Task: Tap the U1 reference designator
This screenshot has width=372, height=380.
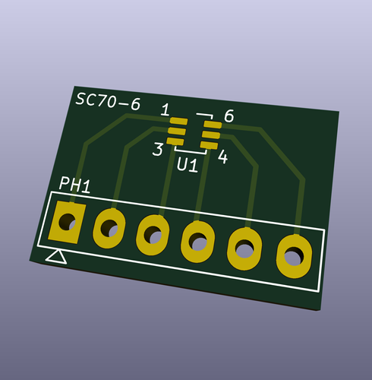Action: pos(188,164)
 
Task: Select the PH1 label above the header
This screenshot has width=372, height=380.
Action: pos(75,185)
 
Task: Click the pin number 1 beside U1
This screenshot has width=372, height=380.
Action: pos(166,110)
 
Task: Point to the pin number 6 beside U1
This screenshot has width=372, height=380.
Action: pos(229,116)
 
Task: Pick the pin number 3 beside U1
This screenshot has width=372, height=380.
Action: pos(157,149)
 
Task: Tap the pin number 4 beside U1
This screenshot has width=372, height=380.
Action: pos(223,157)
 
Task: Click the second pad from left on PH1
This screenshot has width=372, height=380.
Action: pos(109,228)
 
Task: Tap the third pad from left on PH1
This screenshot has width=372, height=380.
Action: pos(153,235)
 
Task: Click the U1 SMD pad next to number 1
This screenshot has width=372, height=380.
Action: pos(178,122)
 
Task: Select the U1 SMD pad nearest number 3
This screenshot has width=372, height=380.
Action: pos(175,139)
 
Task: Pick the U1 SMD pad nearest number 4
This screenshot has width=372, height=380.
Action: pos(209,144)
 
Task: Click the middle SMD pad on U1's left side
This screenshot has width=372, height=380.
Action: pos(177,130)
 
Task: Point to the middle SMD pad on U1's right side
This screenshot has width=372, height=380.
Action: pos(210,135)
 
